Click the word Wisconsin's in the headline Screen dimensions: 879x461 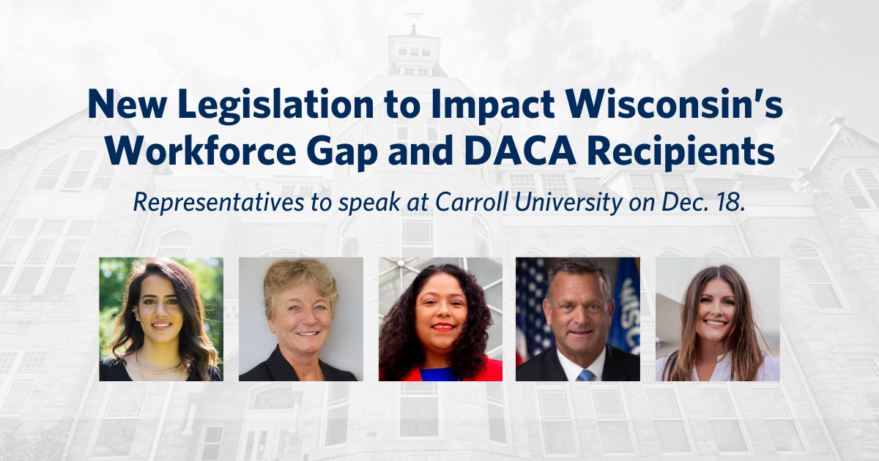tap(675, 104)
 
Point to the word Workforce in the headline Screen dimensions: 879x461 tap(200, 150)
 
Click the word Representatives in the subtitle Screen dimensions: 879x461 tap(218, 203)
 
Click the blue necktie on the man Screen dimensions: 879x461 tap(585, 375)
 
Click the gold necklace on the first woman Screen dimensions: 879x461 tap(160, 367)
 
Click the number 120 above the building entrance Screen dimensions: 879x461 tap(371, 435)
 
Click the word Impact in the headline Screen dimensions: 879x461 tap(493, 106)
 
